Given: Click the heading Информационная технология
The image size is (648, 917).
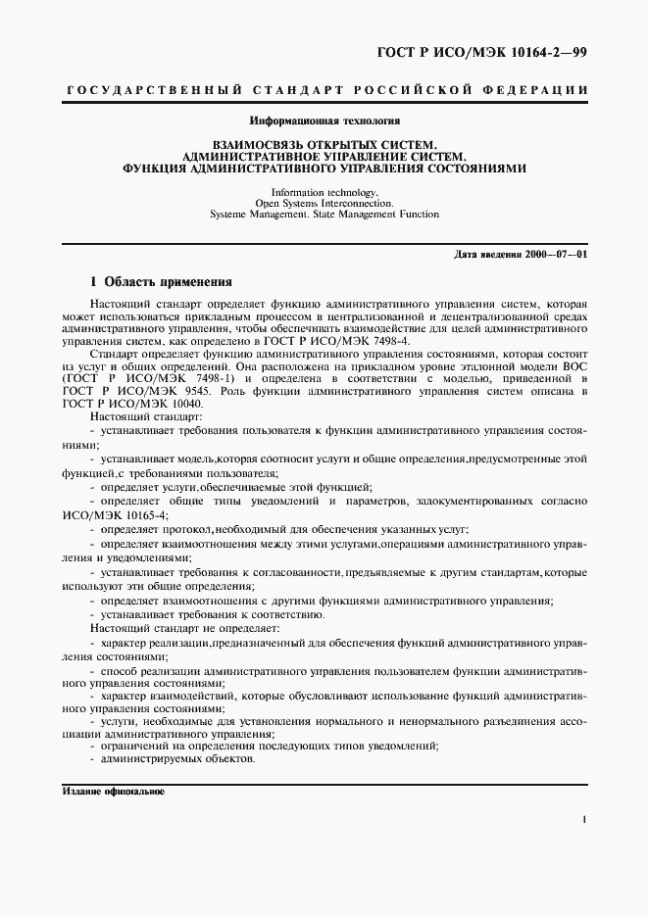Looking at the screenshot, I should pos(324,121).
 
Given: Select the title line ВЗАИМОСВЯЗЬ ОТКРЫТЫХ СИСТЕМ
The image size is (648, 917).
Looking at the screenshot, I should pos(324,145).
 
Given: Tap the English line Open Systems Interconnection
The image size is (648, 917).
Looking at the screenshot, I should pos(324,203).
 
